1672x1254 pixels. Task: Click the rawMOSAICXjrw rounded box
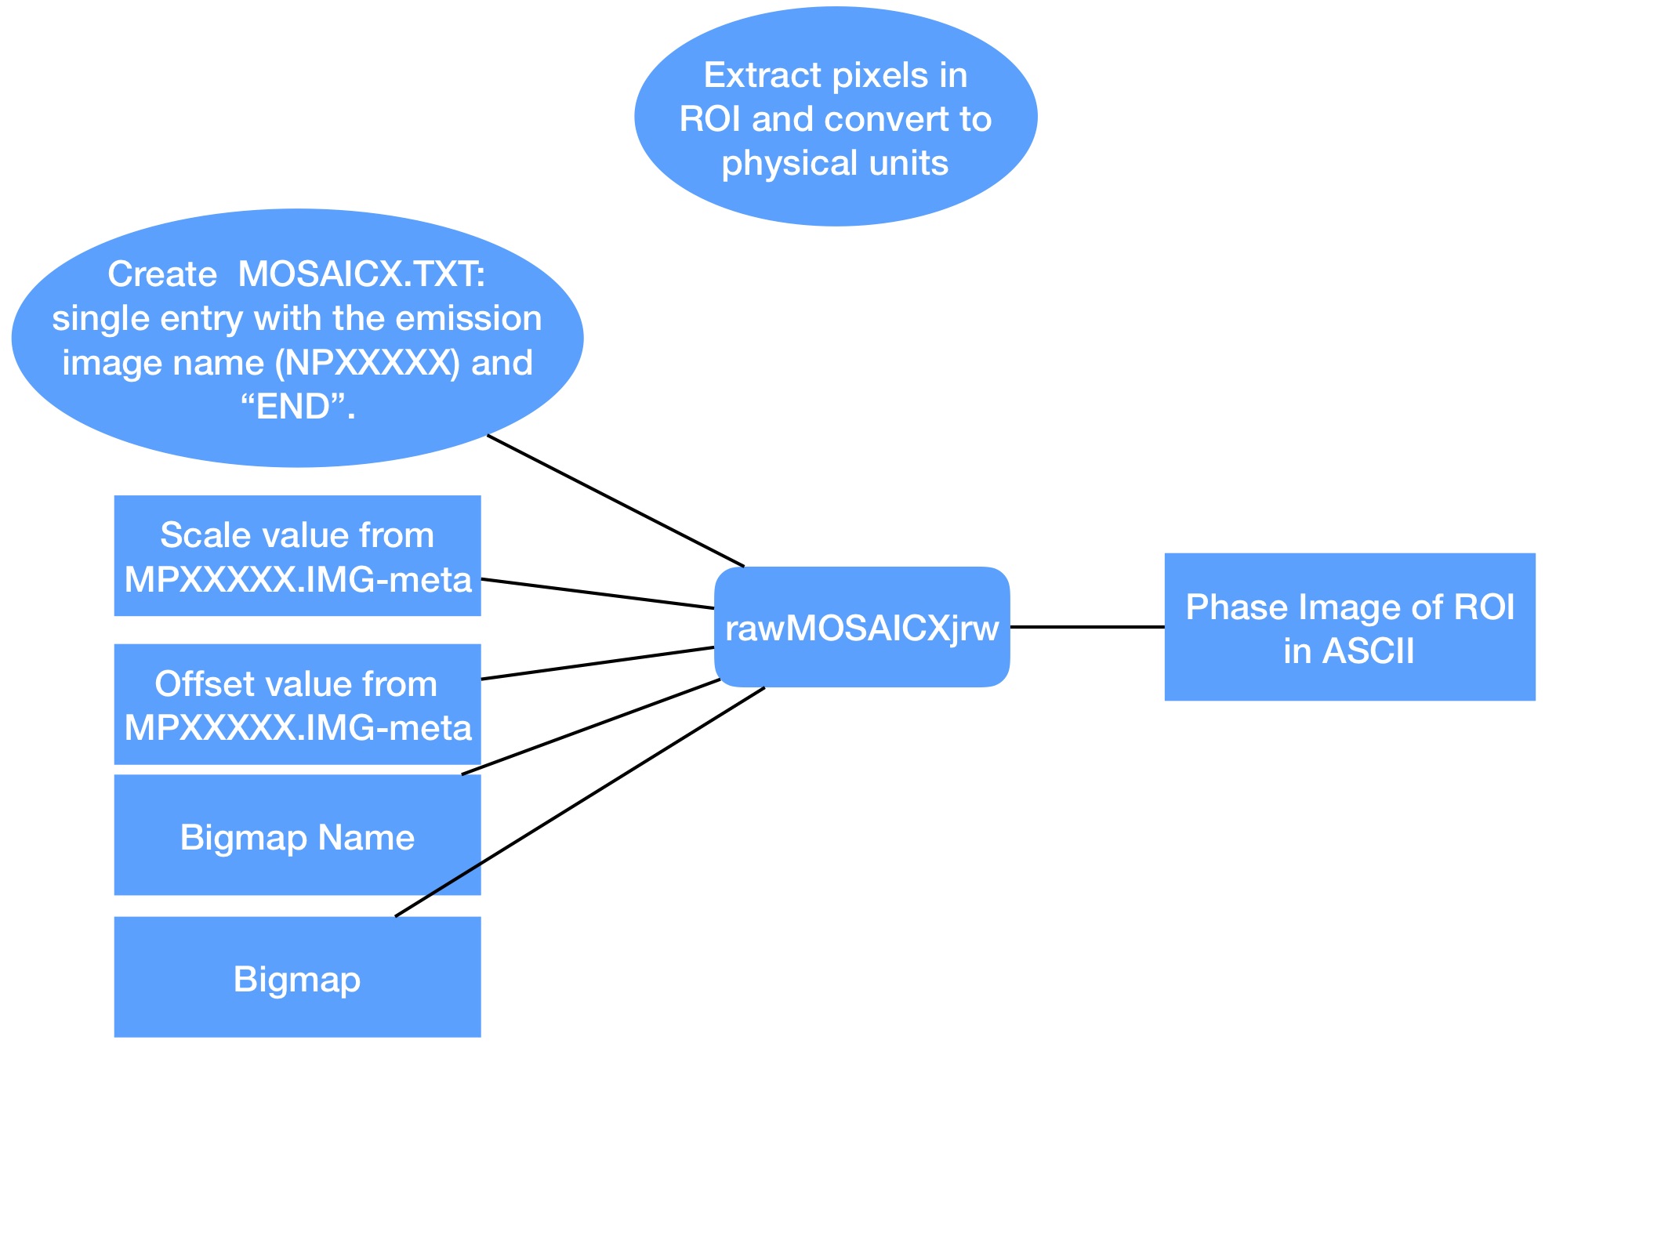[x=861, y=627]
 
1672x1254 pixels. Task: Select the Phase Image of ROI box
[x=1349, y=627]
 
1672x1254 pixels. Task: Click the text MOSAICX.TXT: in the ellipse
[x=361, y=274]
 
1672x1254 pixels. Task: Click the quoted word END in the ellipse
[x=297, y=407]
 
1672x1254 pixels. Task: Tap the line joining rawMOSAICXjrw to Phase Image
[x=1086, y=627]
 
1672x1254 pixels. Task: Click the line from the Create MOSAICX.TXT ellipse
[x=615, y=500]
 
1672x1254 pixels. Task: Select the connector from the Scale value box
[x=597, y=593]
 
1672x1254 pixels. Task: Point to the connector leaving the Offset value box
[x=597, y=663]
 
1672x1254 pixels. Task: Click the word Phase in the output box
[x=1231, y=607]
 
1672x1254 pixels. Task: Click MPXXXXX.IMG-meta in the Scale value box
[x=298, y=580]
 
